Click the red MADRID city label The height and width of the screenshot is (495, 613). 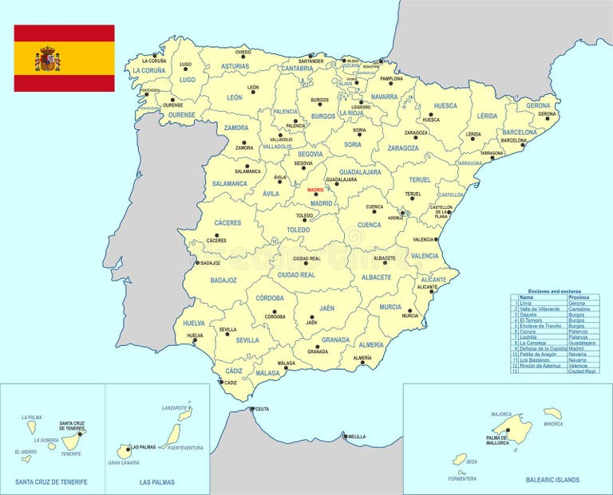click(316, 191)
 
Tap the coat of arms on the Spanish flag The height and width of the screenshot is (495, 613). click(48, 58)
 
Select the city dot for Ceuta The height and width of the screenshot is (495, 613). click(251, 410)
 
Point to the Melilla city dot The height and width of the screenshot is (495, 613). click(344, 436)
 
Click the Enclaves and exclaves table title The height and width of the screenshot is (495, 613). click(554, 291)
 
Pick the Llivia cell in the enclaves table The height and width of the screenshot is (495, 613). click(525, 304)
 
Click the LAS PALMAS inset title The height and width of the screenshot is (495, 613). click(157, 482)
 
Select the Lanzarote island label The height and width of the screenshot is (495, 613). click(174, 407)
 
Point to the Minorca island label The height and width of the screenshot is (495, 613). click(552, 423)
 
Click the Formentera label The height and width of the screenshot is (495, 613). click(461, 478)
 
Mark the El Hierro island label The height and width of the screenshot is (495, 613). click(25, 452)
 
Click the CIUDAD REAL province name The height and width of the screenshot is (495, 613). click(295, 274)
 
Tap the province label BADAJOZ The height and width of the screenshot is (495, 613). click(223, 280)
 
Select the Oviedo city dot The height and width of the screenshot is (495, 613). click(243, 57)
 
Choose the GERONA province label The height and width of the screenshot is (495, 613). click(538, 105)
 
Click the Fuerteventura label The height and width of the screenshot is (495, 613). click(185, 448)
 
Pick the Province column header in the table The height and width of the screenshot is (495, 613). click(579, 297)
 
